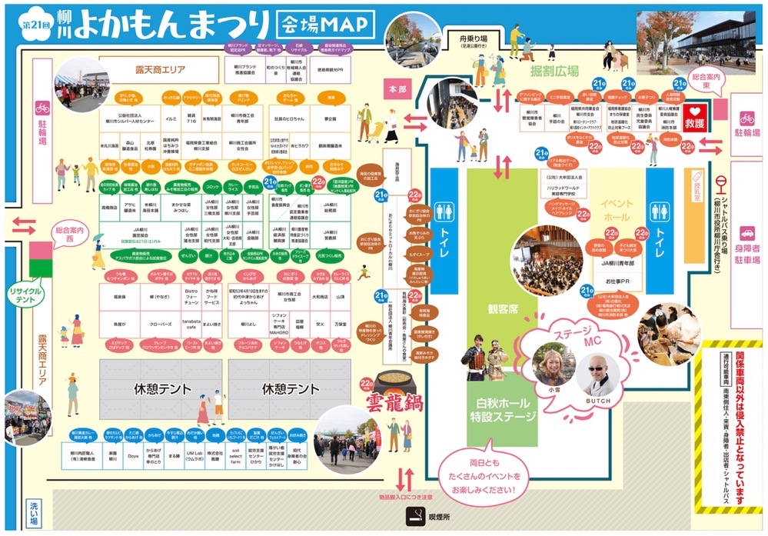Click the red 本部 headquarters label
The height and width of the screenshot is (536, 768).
pos(397,90)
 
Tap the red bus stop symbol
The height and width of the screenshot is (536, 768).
pos(721,183)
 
